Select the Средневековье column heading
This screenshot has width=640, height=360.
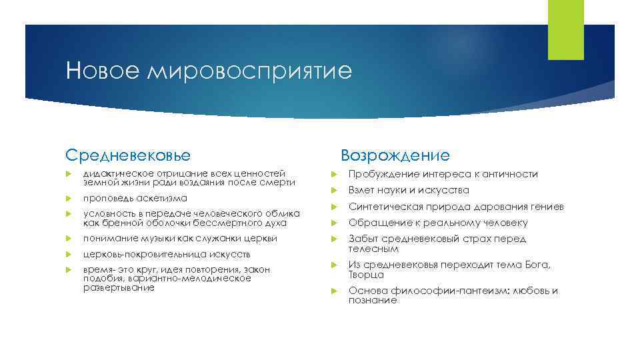point(128,155)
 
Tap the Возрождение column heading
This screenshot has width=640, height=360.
point(395,155)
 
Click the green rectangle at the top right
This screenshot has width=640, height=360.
point(565,30)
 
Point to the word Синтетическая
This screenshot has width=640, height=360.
point(383,207)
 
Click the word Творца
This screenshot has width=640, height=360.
point(366,275)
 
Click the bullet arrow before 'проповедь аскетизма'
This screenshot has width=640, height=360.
point(69,199)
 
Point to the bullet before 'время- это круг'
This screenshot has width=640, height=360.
point(69,269)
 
